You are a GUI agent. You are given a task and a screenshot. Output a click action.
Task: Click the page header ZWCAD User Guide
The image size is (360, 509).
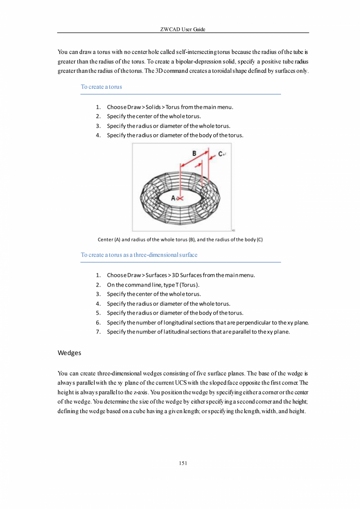point(183,30)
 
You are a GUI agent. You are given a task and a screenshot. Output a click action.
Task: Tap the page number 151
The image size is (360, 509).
point(183,464)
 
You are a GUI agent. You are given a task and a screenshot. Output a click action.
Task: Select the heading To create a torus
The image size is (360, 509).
point(101,87)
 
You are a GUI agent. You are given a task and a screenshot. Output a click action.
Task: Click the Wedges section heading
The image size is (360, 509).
point(69,353)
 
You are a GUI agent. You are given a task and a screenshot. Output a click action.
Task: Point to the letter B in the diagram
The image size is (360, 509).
point(194,153)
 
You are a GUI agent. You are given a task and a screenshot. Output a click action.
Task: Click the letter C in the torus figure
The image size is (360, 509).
point(221,154)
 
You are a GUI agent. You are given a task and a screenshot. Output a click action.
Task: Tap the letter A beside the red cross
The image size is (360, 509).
point(174,198)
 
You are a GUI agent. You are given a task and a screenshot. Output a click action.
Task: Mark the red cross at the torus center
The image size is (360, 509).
point(180,199)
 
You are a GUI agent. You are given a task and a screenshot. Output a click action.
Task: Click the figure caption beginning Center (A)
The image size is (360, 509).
point(180,240)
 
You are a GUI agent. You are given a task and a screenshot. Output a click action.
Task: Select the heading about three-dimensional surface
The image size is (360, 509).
point(139,255)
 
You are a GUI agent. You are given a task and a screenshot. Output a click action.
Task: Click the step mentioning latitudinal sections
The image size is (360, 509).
point(198,332)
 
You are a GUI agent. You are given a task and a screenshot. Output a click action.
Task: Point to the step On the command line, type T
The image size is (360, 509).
point(154,285)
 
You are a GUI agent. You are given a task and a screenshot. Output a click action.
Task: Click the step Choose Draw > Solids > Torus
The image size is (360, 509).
point(170,107)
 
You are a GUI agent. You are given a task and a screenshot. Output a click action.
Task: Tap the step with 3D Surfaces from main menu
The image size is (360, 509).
point(181,275)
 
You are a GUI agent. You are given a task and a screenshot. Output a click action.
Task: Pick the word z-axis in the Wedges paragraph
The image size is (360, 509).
point(140,392)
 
